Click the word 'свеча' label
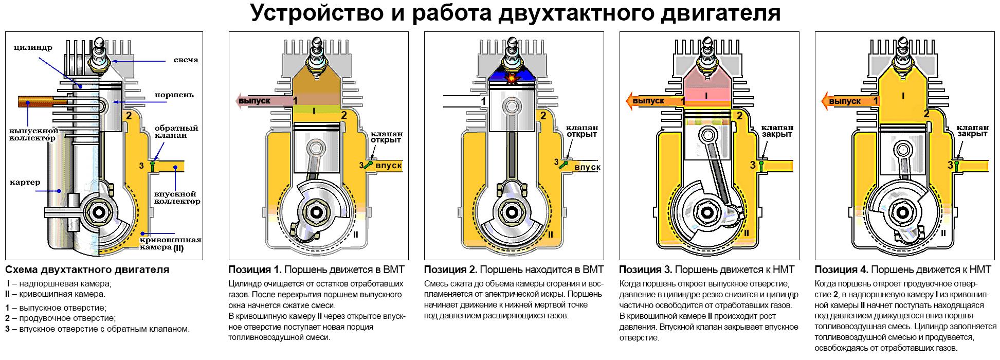tap(186, 60)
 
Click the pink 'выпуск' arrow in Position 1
tap(264, 100)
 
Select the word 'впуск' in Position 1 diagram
tap(389, 166)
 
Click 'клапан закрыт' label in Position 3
tap(777, 131)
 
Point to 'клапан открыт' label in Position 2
tap(582, 131)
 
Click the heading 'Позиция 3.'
tap(646, 269)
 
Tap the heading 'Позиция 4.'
tap(842, 269)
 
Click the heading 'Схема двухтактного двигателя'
tap(87, 269)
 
